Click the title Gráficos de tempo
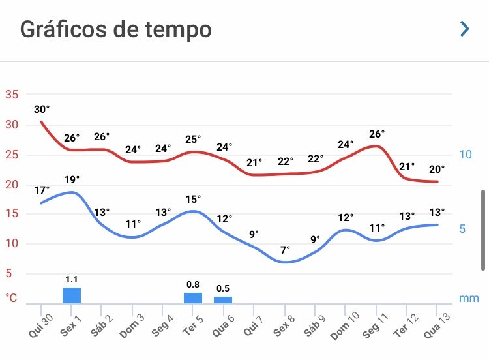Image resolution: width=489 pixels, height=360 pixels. click(x=115, y=29)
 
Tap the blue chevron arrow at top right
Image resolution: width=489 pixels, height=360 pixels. click(x=464, y=29)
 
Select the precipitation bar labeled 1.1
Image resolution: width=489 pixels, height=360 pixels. click(x=72, y=295)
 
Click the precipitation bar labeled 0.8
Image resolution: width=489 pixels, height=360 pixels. click(x=193, y=297)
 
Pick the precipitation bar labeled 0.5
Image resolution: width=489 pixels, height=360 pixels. click(x=223, y=299)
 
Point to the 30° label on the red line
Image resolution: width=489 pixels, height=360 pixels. click(x=42, y=109)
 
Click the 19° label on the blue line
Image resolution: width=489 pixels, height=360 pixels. click(x=72, y=179)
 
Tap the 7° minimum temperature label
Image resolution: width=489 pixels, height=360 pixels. click(x=284, y=250)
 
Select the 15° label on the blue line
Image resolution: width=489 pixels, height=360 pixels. click(x=193, y=198)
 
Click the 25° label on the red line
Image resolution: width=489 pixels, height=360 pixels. click(x=193, y=139)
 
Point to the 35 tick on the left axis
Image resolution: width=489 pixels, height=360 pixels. click(x=12, y=95)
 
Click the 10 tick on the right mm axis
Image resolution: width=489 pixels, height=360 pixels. click(x=466, y=155)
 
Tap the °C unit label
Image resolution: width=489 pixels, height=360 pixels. click(x=12, y=298)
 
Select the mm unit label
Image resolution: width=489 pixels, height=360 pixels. click(x=469, y=298)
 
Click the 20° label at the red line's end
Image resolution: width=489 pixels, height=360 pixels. click(x=437, y=170)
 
